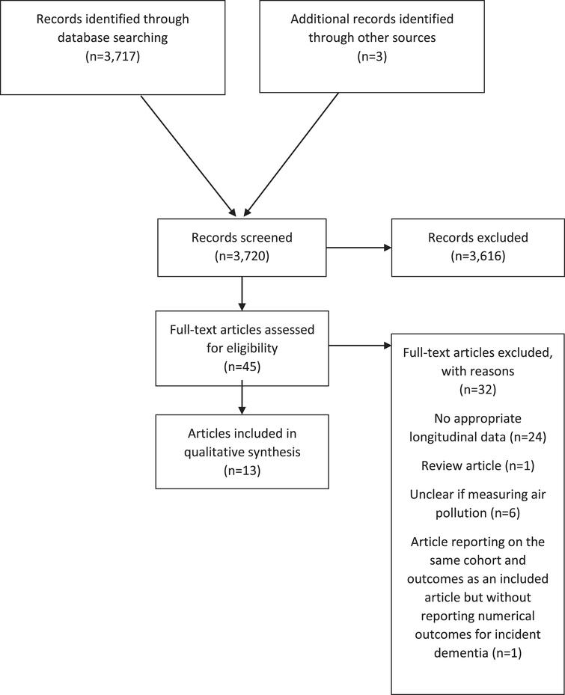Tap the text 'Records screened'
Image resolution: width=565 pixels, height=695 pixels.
[241, 239]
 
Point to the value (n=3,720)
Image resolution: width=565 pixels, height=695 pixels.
[241, 257]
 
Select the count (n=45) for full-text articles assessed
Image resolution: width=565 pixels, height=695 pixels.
[241, 368]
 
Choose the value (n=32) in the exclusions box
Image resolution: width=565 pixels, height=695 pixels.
[477, 389]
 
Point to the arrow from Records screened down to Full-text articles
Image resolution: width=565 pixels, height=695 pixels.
[241, 293]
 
